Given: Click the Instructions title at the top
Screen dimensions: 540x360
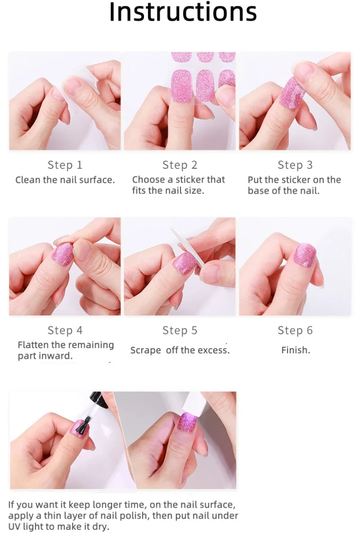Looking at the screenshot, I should tap(183, 13).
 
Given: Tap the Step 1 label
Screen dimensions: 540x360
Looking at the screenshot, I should tap(65, 165).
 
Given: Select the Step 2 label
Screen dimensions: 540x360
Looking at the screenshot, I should tap(180, 165).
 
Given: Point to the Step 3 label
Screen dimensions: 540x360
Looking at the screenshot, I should tap(295, 165).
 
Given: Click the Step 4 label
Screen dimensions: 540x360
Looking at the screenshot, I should tap(65, 330).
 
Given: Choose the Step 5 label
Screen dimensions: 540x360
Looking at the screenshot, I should tap(180, 330).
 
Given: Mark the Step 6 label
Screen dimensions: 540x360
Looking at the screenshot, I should tap(295, 330).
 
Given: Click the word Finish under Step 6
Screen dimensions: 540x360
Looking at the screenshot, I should tap(295, 350).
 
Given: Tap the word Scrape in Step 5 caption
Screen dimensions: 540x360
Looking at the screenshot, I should tap(145, 351).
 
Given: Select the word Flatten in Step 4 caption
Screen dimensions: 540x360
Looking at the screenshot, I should tap(35, 345).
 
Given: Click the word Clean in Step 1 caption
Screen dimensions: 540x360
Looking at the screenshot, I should tap(28, 180).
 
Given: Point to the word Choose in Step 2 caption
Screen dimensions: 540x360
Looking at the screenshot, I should tap(148, 180).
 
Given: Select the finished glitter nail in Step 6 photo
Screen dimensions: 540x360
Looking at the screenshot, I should tap(305, 255).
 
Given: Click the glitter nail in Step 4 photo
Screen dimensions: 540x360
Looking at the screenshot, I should tap(63, 254).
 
